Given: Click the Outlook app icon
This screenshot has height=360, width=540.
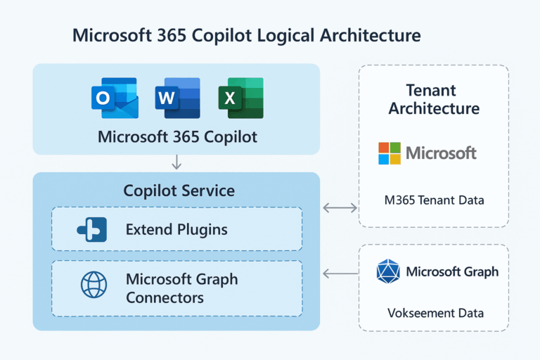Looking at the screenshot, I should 115,98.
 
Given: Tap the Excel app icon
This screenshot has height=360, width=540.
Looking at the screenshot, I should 240,98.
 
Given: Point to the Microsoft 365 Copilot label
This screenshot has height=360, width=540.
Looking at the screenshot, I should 177,136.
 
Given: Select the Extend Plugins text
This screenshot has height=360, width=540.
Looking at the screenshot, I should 176,229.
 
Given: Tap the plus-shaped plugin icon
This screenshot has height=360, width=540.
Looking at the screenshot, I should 92,229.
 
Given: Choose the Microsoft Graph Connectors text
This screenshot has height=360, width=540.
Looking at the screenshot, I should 181,288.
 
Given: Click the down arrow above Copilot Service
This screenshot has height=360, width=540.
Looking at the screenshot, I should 176,162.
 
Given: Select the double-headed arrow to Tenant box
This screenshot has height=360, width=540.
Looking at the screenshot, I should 340,207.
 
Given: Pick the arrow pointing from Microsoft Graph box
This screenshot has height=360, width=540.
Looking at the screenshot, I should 340,272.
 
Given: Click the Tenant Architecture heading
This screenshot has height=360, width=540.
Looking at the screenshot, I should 433,99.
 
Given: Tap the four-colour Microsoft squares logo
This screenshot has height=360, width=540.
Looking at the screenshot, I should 389,153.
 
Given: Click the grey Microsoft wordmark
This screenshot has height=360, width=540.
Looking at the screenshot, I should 442,153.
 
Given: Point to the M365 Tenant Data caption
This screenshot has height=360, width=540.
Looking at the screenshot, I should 434,200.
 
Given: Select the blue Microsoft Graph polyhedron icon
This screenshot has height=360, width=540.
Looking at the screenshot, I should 387,271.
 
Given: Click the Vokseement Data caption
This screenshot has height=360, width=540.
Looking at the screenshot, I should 434,314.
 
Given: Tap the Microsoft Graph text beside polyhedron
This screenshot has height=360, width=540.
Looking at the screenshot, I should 452,271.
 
